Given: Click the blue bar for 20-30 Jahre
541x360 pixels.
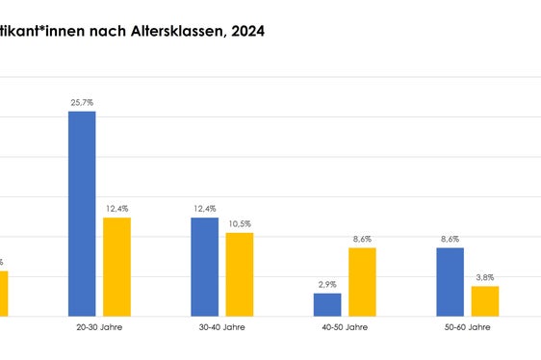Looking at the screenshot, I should pyautogui.click(x=82, y=214).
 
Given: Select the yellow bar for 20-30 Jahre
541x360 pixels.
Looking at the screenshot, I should pyautogui.click(x=116, y=267).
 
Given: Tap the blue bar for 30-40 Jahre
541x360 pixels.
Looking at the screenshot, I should pyautogui.click(x=204, y=267).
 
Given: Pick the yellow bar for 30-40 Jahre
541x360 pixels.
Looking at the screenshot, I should pyautogui.click(x=239, y=274).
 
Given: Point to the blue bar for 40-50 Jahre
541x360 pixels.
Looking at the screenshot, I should pyautogui.click(x=327, y=304).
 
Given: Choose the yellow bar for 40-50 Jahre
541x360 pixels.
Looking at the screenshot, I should pyautogui.click(x=362, y=281).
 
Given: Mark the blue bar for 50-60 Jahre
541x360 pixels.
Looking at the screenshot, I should pyautogui.click(x=450, y=281).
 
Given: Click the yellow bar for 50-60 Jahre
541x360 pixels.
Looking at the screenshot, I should pyautogui.click(x=484, y=300).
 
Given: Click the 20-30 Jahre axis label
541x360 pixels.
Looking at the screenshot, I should pyautogui.click(x=99, y=328).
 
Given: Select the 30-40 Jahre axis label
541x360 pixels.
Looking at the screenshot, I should pyautogui.click(x=221, y=328).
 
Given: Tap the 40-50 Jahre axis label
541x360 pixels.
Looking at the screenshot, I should pyautogui.click(x=345, y=328).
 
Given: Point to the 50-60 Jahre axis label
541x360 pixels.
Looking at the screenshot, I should pyautogui.click(x=467, y=328).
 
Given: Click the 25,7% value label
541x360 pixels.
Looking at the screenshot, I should pyautogui.click(x=82, y=101).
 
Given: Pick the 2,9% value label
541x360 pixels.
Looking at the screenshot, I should pyautogui.click(x=327, y=284).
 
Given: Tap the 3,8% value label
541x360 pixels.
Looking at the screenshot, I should pyautogui.click(x=484, y=277).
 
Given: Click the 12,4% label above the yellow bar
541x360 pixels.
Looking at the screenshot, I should pyautogui.click(x=116, y=208).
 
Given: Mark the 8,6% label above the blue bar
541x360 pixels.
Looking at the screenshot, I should pyautogui.click(x=450, y=239).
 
